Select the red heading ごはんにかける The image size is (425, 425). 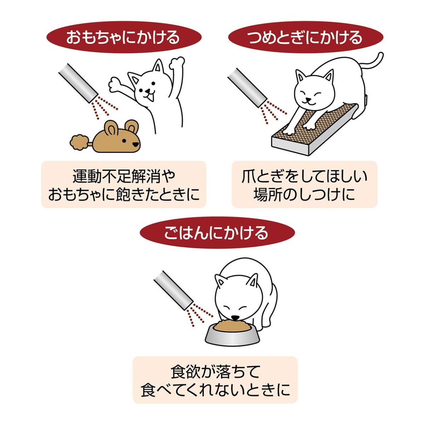point(216,233)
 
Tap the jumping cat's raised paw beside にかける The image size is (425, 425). point(176,64)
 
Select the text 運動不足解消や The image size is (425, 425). point(124,176)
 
